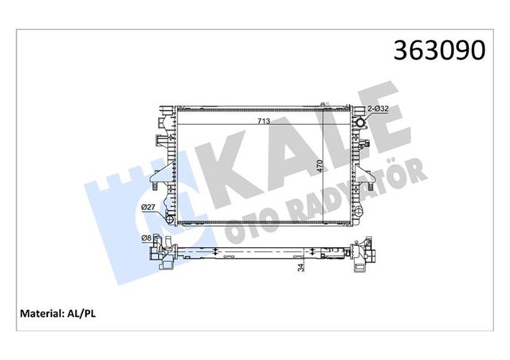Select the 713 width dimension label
262,122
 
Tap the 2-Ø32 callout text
378,108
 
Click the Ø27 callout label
148,209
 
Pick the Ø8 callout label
147,237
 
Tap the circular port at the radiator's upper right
359,123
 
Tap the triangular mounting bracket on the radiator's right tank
366,143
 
